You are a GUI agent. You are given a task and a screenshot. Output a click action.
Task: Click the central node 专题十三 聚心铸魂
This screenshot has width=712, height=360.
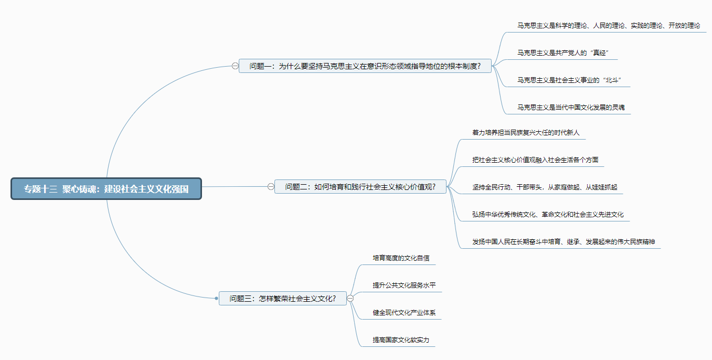pyautogui.click(x=106, y=189)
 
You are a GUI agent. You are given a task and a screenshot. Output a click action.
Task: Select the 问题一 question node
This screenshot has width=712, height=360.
pyautogui.click(x=365, y=66)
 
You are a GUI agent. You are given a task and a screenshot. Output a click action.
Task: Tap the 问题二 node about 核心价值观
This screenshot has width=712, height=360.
pyautogui.click(x=360, y=187)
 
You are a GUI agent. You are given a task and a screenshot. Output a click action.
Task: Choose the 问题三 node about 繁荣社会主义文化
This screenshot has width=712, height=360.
pyautogui.click(x=282, y=299)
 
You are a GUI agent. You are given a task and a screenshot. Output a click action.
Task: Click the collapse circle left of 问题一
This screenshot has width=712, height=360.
pyautogui.click(x=235, y=66)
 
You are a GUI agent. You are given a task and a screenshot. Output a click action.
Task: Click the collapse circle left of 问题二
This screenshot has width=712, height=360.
pyautogui.click(x=271, y=187)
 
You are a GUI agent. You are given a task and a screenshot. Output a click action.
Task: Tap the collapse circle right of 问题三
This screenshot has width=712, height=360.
pyautogui.click(x=350, y=299)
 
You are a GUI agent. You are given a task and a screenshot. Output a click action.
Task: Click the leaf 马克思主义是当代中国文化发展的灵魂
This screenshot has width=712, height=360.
pyautogui.click(x=570, y=108)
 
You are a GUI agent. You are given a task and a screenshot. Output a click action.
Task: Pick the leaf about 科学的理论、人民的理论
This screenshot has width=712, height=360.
pyautogui.click(x=608, y=26)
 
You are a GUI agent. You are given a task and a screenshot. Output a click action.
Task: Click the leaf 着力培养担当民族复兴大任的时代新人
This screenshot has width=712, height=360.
pyautogui.click(x=525, y=133)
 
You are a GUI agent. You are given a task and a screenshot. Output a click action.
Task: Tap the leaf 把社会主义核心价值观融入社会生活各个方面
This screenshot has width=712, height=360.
pyautogui.click(x=535, y=160)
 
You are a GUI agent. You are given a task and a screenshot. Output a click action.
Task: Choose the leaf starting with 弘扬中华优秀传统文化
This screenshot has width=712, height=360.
pyautogui.click(x=548, y=215)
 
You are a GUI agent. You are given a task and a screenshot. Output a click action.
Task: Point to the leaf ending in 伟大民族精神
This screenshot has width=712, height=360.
pyautogui.click(x=563, y=242)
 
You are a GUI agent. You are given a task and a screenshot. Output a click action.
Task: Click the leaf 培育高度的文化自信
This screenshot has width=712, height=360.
pyautogui.click(x=401, y=258)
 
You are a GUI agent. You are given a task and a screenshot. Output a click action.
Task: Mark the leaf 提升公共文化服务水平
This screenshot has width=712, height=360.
pyautogui.click(x=404, y=285)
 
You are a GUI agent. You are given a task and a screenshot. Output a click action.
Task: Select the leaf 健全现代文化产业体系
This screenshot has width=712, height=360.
pyautogui.click(x=404, y=313)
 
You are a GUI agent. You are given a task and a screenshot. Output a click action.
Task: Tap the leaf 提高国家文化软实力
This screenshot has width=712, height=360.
pyautogui.click(x=401, y=340)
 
